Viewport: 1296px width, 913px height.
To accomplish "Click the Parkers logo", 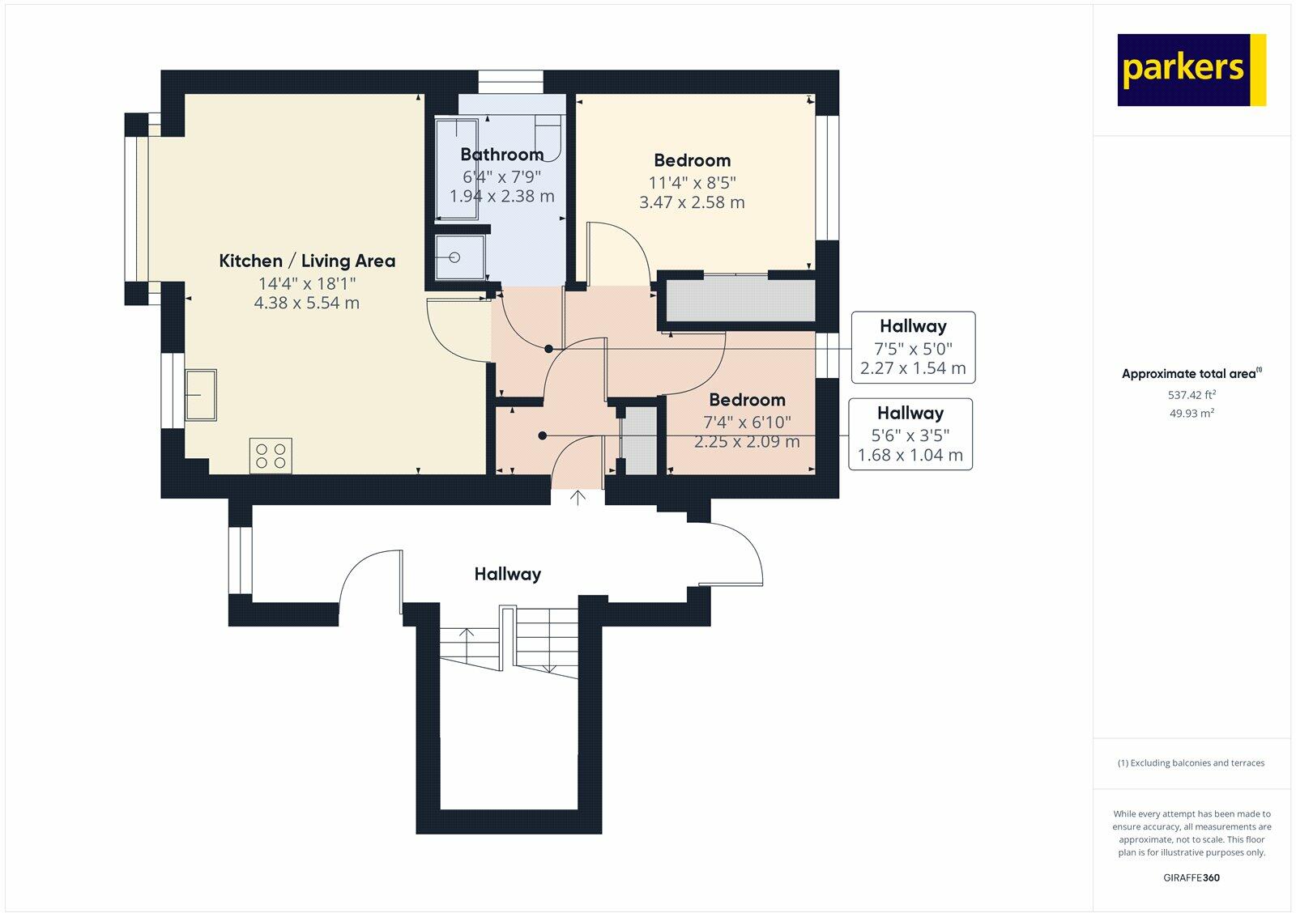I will point(1191,70).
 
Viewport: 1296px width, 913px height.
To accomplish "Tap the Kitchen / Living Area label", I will point(307,261).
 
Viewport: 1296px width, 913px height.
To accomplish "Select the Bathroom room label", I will point(501,155).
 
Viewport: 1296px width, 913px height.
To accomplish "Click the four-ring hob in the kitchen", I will point(271,455).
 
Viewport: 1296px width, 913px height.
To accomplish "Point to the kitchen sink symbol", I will point(200,394).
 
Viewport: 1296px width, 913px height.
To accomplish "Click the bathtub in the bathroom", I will point(456,169).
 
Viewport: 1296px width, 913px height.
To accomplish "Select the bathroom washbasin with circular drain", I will point(459,257).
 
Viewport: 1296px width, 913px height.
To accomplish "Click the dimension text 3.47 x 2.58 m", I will point(692,202).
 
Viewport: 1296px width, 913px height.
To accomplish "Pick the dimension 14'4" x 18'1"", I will point(307,283).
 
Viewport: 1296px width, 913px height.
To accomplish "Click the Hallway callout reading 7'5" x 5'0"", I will point(913,347).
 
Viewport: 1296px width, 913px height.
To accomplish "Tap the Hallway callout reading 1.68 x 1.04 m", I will point(910,455).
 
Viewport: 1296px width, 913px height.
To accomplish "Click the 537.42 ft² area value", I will point(1192,395).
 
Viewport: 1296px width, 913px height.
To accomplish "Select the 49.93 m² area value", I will point(1192,413).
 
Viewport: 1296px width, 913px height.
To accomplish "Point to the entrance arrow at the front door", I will point(578,498).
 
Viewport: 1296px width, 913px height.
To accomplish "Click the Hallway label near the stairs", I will point(507,574).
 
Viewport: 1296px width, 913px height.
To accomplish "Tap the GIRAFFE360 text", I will point(1192,877).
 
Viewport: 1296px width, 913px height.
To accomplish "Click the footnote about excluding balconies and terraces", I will point(1192,762).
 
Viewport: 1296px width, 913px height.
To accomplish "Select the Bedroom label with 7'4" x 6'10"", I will point(747,400).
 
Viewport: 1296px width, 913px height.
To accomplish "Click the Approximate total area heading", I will point(1189,374).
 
